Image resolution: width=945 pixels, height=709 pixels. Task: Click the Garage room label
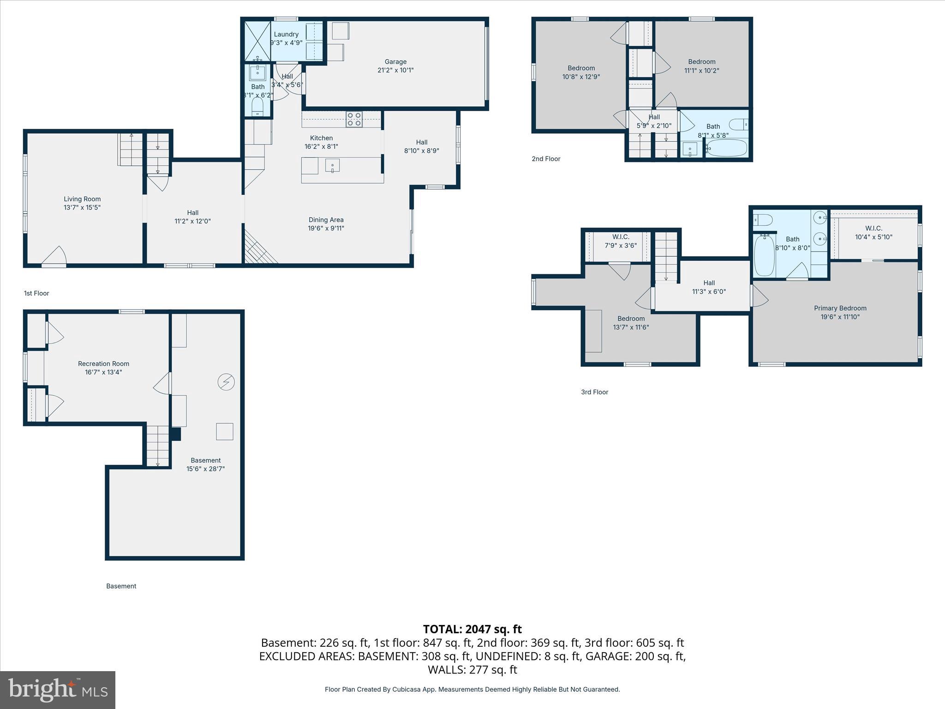[395, 62]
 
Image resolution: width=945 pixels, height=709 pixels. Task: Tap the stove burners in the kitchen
[354, 120]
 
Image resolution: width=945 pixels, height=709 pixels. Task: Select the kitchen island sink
[332, 165]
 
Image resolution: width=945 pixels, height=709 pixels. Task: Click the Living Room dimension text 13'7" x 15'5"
[82, 208]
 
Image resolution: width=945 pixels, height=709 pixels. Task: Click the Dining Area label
[326, 220]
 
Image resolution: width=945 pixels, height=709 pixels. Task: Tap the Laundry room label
[286, 34]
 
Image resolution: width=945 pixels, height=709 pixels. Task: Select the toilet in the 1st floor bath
[257, 108]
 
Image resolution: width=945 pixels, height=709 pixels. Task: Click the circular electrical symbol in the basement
[226, 382]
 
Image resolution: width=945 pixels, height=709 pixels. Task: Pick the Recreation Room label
[103, 364]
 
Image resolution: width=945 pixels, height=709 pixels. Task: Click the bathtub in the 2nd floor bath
[726, 149]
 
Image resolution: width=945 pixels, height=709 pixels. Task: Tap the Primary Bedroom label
[840, 308]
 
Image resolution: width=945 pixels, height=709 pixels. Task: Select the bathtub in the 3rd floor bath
[764, 256]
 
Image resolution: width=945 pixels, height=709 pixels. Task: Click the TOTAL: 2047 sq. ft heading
[472, 629]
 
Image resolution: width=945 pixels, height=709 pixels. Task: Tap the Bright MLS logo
[58, 690]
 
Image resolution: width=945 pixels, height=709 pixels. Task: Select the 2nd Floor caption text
[546, 159]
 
